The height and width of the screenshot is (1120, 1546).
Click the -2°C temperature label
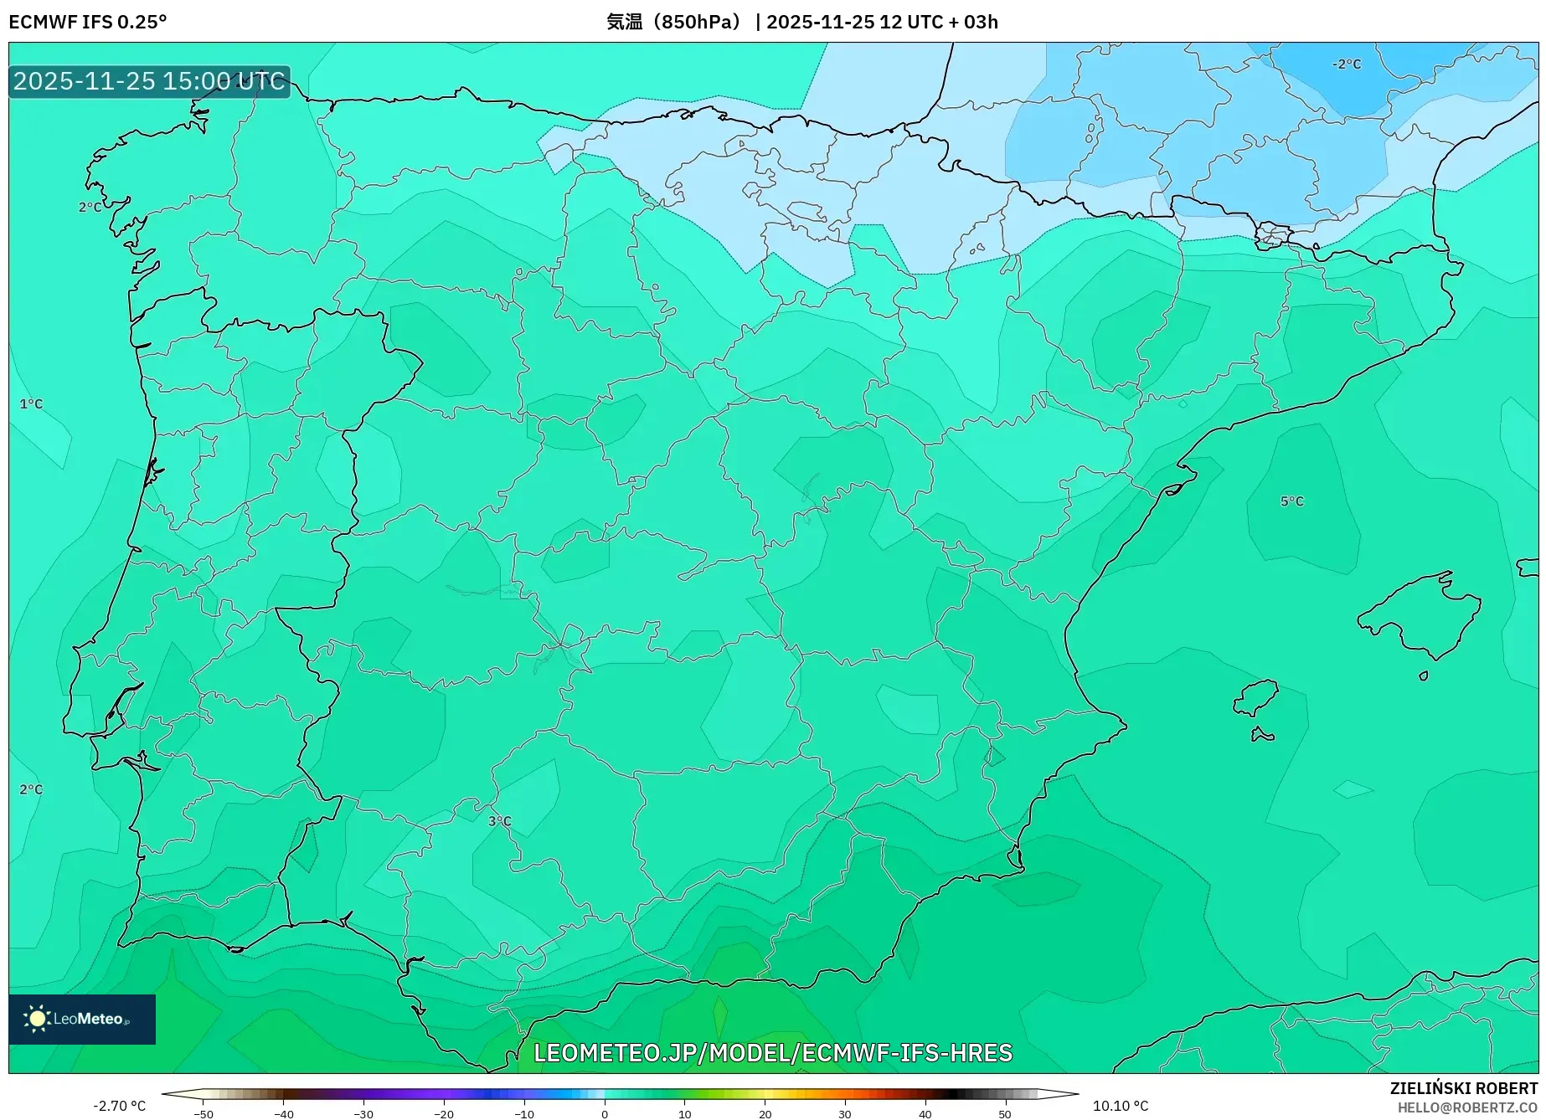[1347, 64]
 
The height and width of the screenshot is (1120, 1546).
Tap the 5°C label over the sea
[1291, 501]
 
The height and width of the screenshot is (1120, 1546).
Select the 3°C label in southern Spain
[499, 821]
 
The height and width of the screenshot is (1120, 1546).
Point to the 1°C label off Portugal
[31, 404]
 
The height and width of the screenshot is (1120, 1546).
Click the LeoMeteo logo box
[82, 1019]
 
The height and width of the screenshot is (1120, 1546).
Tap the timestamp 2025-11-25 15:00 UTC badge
[149, 81]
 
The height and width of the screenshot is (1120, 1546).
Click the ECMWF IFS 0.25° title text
[87, 22]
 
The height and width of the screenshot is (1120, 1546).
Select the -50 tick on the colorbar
[204, 1113]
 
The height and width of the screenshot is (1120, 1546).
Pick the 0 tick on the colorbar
[604, 1113]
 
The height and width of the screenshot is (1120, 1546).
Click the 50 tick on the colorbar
[1004, 1113]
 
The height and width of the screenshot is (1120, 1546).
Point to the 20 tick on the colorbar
[764, 1113]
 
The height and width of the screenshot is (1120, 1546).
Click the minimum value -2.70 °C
[119, 1106]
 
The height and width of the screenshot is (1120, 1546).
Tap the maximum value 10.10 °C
[1121, 1106]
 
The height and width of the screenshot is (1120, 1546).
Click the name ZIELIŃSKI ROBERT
[1463, 1088]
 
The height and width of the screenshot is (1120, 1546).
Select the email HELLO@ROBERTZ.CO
[1466, 1107]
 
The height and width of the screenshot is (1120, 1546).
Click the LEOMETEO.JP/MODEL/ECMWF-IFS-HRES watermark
[772, 1052]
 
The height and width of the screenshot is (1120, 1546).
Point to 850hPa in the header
[695, 22]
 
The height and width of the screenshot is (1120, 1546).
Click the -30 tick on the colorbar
[363, 1113]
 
